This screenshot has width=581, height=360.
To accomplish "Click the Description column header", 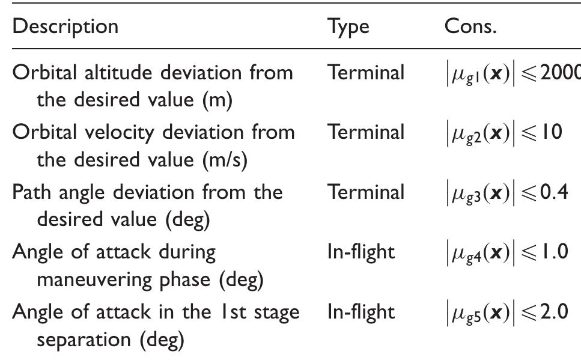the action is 65,26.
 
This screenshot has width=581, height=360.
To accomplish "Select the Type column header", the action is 348,28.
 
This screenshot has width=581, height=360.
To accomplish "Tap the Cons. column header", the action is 470,26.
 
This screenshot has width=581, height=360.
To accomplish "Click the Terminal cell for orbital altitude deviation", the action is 366,72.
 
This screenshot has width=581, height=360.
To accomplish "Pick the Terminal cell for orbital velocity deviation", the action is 366,132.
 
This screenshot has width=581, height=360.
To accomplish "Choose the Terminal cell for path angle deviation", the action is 366,192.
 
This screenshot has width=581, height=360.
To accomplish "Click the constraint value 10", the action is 552,132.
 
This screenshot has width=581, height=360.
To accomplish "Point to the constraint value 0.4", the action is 554,192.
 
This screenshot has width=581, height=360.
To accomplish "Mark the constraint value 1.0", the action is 555,252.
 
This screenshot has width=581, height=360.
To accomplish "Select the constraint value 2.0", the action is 554,312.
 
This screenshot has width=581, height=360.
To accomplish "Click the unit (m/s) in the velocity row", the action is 225,160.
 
